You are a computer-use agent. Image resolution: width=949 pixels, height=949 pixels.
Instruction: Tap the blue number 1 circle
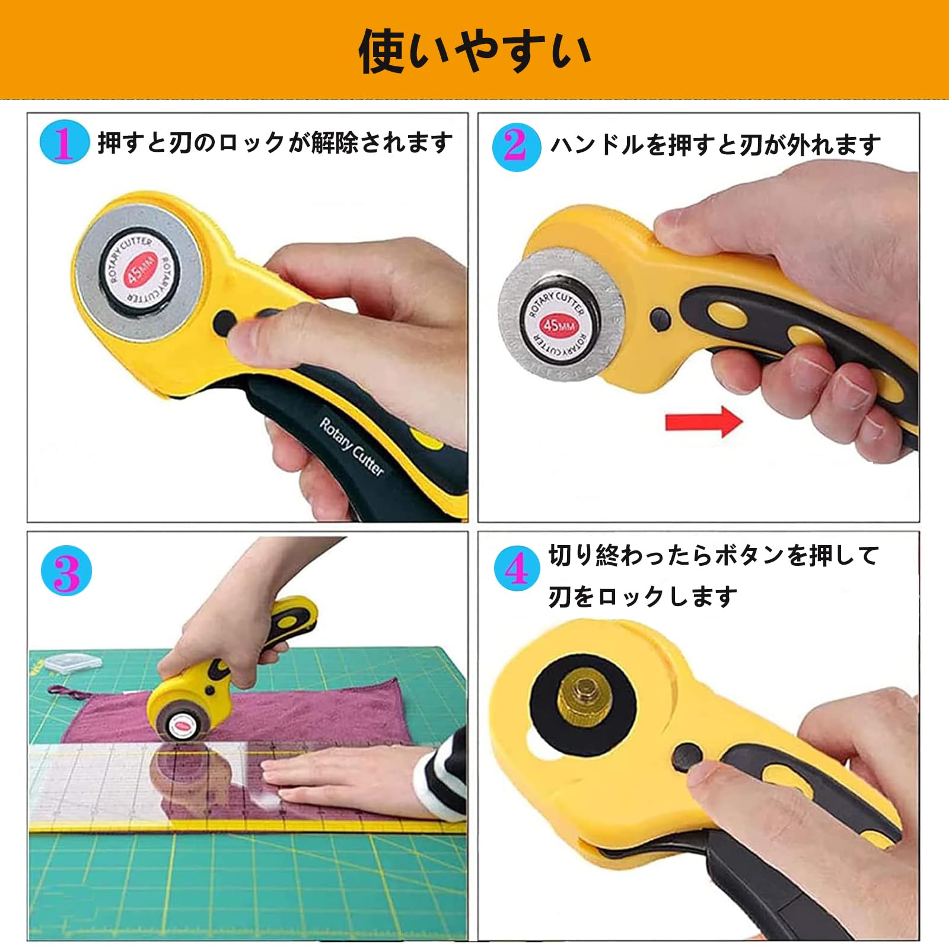pos(65,142)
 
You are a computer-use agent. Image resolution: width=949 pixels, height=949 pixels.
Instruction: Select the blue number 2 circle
pos(516,147)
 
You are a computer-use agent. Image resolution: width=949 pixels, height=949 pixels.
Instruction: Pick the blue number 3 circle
pos(66,570)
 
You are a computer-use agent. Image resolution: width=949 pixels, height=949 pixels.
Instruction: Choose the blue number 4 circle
pos(517,568)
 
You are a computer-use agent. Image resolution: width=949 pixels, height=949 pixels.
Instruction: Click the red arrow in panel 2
pos(704,422)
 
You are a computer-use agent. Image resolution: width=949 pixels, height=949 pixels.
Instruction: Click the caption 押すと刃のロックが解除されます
pos(275,143)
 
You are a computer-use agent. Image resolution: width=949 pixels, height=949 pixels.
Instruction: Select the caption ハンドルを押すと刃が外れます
pos(715,145)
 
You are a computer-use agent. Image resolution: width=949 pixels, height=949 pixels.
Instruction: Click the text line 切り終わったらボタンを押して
pos(713,556)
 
